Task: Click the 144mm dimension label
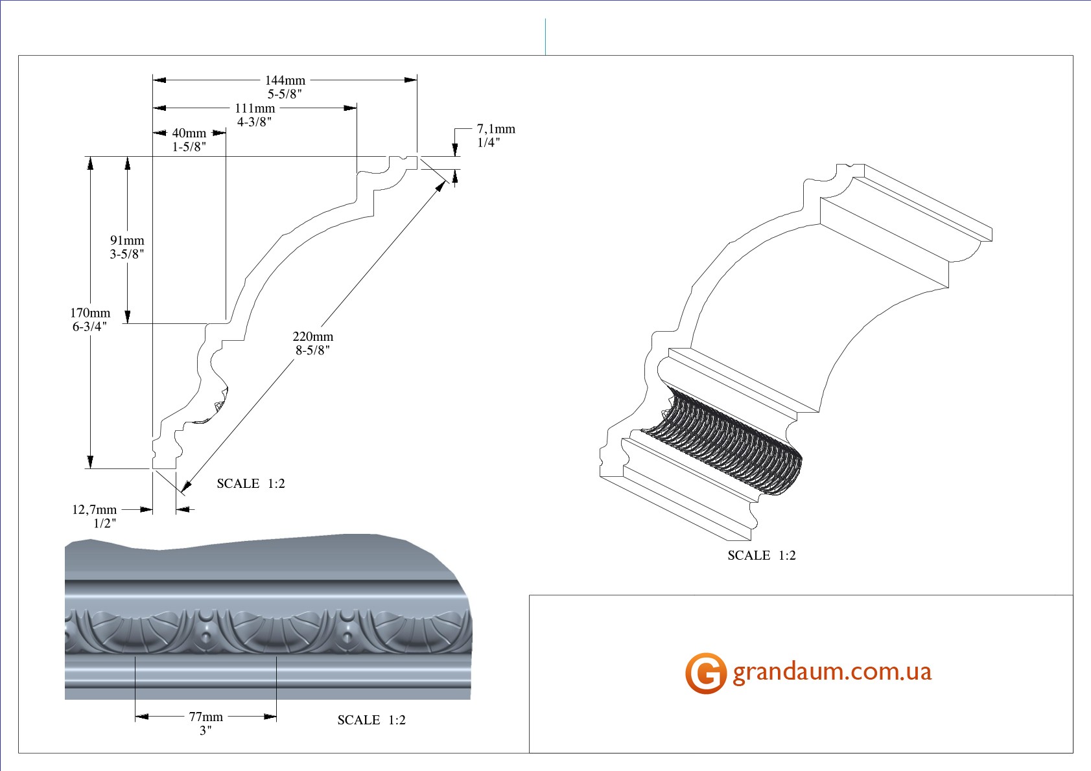pyautogui.click(x=285, y=80)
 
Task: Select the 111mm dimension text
pyautogui.click(x=255, y=108)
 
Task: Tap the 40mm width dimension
pyautogui.click(x=189, y=133)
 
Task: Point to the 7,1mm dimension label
pyautogui.click(x=496, y=129)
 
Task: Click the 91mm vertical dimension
pyautogui.click(x=127, y=240)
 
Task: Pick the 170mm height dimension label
pyautogui.click(x=90, y=313)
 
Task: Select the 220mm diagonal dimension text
pyautogui.click(x=312, y=336)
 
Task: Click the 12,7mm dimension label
pyautogui.click(x=94, y=509)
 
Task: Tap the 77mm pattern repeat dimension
pyautogui.click(x=205, y=717)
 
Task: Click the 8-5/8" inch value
pyautogui.click(x=312, y=351)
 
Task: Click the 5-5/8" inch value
pyautogui.click(x=285, y=94)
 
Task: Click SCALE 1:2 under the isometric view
pyautogui.click(x=761, y=555)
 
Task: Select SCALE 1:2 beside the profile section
pyautogui.click(x=250, y=483)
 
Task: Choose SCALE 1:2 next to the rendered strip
pyautogui.click(x=371, y=720)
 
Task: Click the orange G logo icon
pyautogui.click(x=705, y=673)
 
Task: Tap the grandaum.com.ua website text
pyautogui.click(x=832, y=672)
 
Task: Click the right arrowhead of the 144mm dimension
pyautogui.click(x=411, y=80)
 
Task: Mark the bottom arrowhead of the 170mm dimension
pyautogui.click(x=90, y=462)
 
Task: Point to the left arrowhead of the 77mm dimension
pyautogui.click(x=141, y=717)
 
